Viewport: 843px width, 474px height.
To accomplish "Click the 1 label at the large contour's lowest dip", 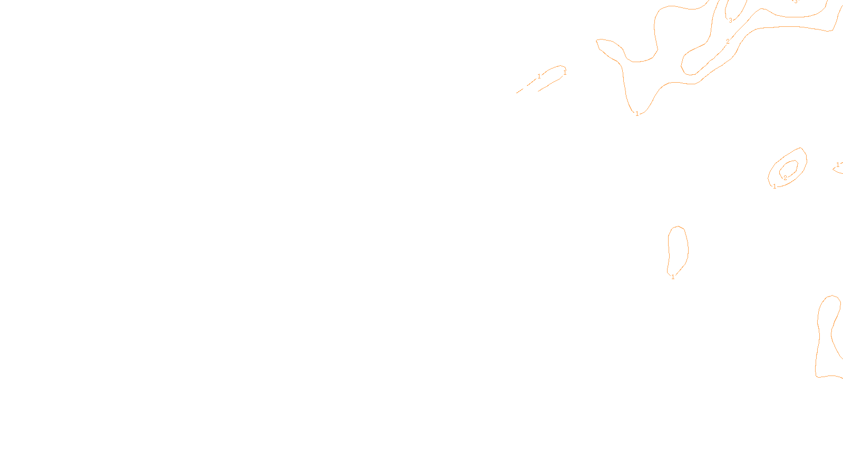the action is [637, 114].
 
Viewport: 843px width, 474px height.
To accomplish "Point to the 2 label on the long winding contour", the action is [728, 42].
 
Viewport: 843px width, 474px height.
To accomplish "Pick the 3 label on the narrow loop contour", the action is [730, 21].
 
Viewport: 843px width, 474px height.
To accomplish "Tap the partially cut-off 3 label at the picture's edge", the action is [796, 2].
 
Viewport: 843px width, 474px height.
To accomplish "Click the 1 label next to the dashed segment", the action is [539, 76].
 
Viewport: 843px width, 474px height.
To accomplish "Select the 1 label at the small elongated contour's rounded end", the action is [565, 73].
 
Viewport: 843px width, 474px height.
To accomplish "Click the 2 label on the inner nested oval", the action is [785, 178].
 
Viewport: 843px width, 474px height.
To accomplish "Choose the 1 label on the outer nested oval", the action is [775, 186].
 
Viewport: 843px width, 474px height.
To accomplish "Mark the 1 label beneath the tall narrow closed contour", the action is [673, 277].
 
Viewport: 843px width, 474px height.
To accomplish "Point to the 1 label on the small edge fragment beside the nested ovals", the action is [838, 165].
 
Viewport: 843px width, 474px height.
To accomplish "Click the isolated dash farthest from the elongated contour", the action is [519, 92].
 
